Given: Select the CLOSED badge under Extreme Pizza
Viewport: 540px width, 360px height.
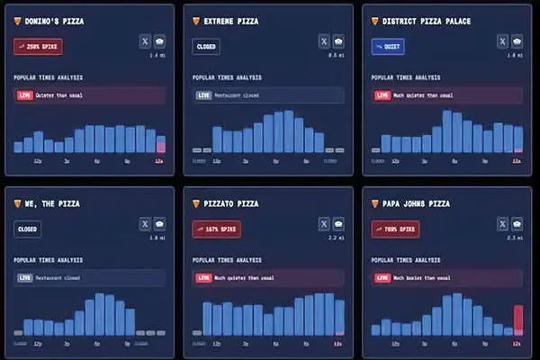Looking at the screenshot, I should [x=206, y=46].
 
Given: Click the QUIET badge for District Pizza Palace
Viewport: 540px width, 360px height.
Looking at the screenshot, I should [x=388, y=46].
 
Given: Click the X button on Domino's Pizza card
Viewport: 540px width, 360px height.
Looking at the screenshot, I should [x=145, y=40].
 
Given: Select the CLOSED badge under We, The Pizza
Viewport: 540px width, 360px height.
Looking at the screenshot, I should [x=28, y=230].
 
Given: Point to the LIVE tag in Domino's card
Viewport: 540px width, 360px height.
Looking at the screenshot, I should [x=23, y=94].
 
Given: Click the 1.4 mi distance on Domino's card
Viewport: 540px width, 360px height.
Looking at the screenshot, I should [x=157, y=56].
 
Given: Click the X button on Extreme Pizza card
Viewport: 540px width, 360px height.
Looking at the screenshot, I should [x=324, y=40].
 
